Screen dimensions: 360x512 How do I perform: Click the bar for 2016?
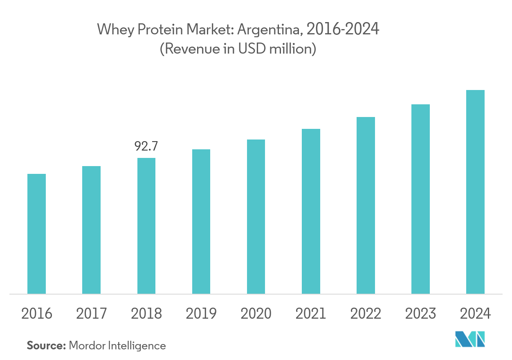pyautogui.click(x=36, y=234)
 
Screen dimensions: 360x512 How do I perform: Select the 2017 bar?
pyautogui.click(x=91, y=230)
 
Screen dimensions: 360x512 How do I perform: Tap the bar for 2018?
pyautogui.click(x=146, y=226)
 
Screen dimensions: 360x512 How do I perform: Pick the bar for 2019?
pyautogui.click(x=201, y=221)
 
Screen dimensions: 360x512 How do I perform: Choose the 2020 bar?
pyautogui.click(x=256, y=216)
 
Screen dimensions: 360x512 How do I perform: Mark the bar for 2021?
pyautogui.click(x=311, y=211)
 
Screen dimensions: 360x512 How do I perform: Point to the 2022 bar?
pyautogui.click(x=366, y=205)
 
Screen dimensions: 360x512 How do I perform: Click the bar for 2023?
pyautogui.click(x=420, y=199)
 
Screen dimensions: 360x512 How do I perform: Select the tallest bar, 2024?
pyautogui.click(x=475, y=192)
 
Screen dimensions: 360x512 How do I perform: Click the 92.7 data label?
pyautogui.click(x=146, y=146)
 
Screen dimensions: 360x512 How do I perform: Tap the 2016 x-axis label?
pyautogui.click(x=36, y=314)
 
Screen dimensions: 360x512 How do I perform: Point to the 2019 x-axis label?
pyautogui.click(x=201, y=314)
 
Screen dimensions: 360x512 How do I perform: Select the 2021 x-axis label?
pyautogui.click(x=311, y=314)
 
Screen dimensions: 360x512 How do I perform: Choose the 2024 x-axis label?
pyautogui.click(x=475, y=314)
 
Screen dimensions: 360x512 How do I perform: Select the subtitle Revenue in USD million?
pyautogui.click(x=238, y=49)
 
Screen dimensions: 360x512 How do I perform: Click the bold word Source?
pyautogui.click(x=46, y=346)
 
